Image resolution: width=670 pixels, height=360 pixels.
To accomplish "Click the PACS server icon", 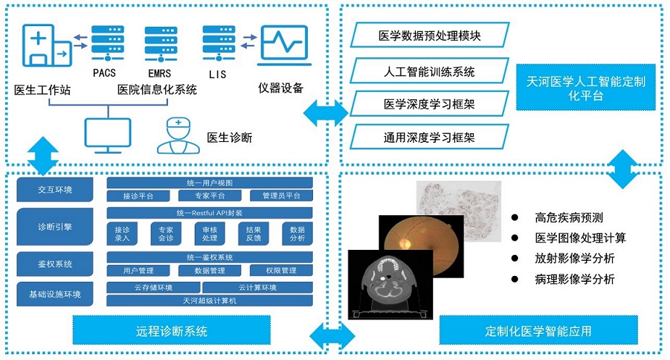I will (104, 43).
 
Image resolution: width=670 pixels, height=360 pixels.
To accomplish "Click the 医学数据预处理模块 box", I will (430, 34).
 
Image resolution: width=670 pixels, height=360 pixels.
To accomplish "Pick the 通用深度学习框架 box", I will (430, 136).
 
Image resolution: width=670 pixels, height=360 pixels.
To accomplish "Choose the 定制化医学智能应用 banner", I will (538, 332).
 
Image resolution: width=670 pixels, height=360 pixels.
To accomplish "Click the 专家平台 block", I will (209, 196).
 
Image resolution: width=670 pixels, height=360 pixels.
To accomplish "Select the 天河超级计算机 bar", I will (209, 300).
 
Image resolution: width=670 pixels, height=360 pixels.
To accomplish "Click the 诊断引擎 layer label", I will (55, 227).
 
